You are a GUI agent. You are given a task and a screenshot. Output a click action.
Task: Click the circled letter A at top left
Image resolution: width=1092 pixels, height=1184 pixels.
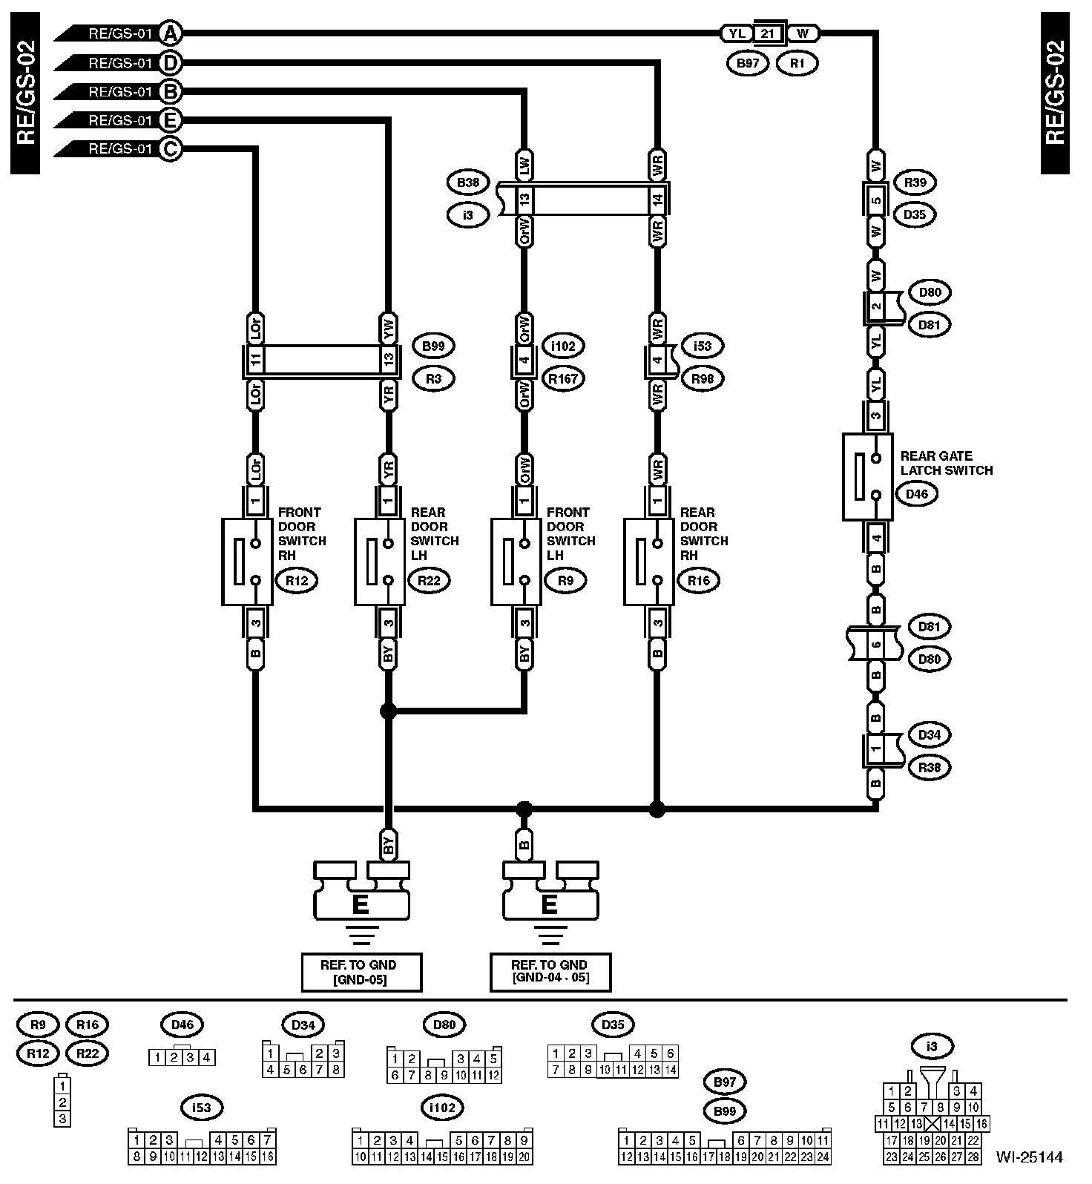coord(171,33)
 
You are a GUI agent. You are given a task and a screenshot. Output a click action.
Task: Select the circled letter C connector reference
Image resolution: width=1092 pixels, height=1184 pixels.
coord(171,149)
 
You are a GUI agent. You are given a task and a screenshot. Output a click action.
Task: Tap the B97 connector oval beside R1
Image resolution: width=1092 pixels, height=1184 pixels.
coord(748,64)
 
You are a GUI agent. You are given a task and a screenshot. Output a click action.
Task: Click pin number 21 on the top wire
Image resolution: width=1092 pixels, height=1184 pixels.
coord(767,33)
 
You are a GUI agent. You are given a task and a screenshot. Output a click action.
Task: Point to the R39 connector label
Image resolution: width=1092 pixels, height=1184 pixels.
coord(915,182)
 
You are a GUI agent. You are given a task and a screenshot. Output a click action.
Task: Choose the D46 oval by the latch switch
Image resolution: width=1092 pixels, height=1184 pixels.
coord(917,494)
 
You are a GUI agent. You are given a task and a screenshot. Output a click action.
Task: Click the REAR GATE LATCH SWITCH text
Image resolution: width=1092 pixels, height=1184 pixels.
coord(946,463)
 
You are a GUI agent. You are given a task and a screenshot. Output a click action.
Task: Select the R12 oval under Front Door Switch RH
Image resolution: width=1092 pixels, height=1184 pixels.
coord(296,581)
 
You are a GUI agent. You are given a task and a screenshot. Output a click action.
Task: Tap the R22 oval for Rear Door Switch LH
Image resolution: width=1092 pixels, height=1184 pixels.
coord(429,581)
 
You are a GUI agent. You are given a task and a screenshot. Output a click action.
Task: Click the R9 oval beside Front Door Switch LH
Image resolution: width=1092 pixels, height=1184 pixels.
coord(565,581)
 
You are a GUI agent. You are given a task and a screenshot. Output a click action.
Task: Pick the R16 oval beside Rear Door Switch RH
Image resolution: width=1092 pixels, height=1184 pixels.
coord(699,581)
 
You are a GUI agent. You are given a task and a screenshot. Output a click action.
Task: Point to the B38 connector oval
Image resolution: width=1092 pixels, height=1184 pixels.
coord(468,182)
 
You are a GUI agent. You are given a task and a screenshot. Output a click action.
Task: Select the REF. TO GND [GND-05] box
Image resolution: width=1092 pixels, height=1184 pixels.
coord(361,972)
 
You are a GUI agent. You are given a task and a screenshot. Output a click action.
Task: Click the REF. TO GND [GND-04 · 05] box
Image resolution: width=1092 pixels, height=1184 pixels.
coord(550,972)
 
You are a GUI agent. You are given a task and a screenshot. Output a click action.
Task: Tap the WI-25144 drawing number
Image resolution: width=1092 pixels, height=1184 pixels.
coord(1029,1157)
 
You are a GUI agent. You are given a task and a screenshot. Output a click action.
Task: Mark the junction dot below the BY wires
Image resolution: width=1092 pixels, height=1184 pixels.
coord(387,711)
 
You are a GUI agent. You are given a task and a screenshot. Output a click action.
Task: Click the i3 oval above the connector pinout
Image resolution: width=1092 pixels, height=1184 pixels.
coord(932,1047)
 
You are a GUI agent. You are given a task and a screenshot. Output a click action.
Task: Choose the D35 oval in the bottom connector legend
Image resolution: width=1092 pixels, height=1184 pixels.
coord(613,1025)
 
